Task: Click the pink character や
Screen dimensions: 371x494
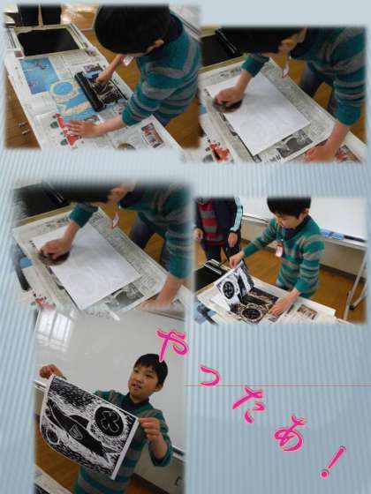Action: click(x=172, y=344)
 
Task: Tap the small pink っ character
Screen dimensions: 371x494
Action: click(x=210, y=377)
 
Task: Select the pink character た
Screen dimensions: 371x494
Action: click(x=249, y=404)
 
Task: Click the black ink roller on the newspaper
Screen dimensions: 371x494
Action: click(x=89, y=91)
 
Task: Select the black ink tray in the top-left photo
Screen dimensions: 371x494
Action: click(x=48, y=41)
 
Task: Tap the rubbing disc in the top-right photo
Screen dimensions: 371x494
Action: click(x=228, y=105)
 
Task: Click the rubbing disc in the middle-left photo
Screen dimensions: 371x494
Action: click(x=55, y=257)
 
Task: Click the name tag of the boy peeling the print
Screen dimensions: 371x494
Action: click(x=279, y=249)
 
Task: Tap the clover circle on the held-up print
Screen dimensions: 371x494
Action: click(x=110, y=422)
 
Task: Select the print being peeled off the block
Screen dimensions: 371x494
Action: click(x=234, y=284)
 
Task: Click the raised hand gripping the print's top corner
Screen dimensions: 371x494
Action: click(x=49, y=370)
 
